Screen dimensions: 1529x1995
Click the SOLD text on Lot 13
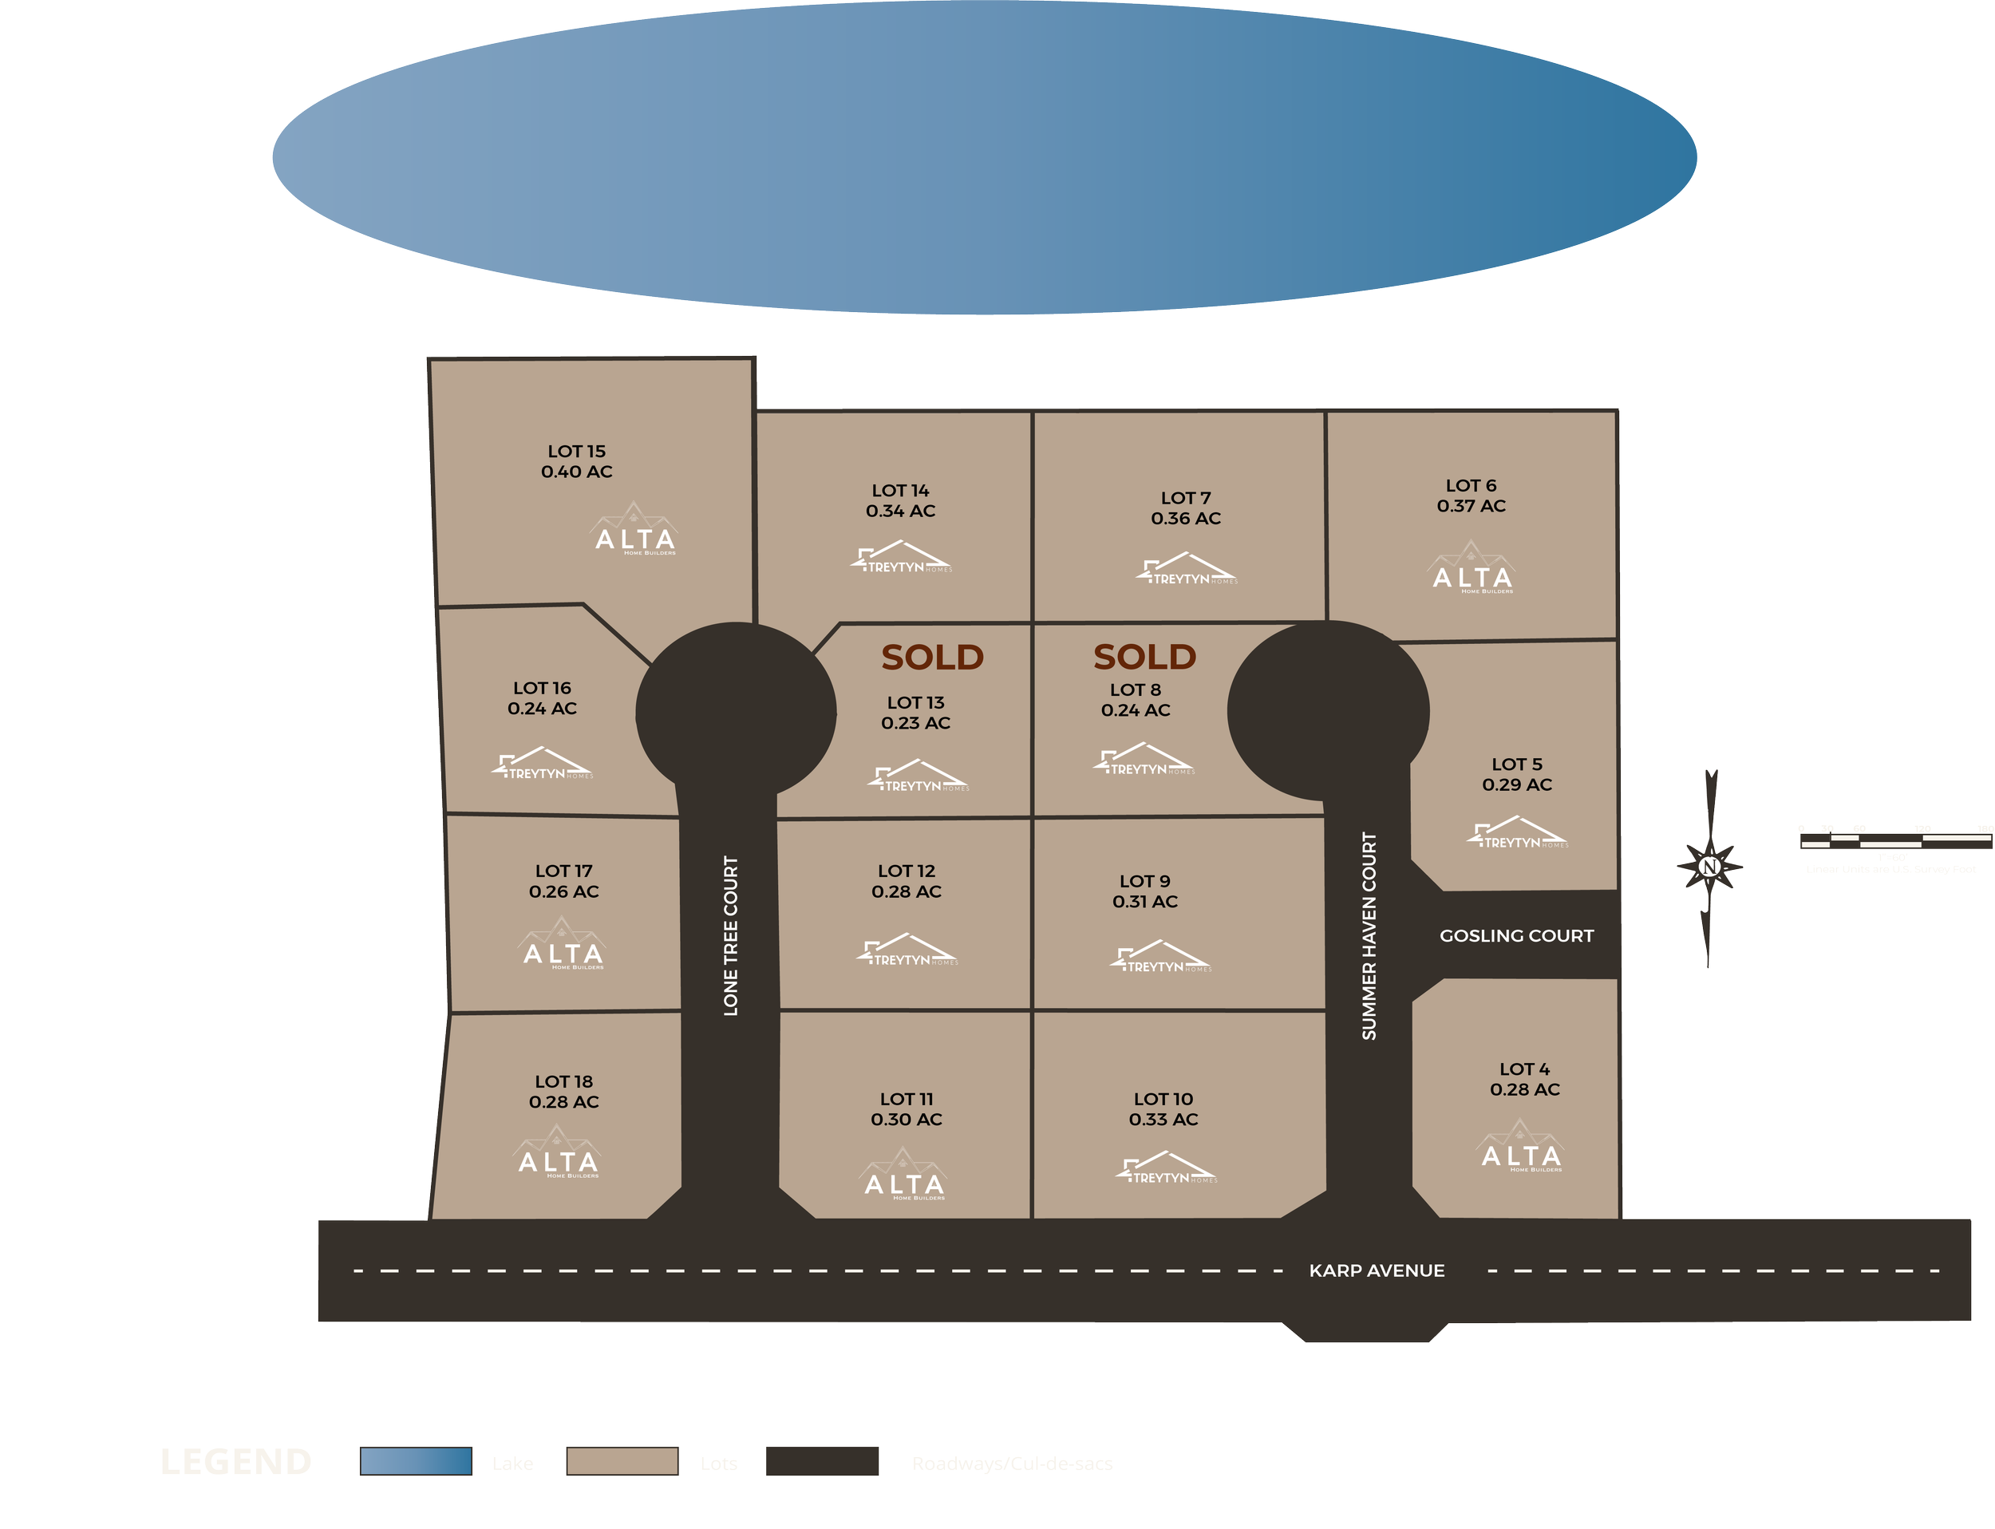tap(932, 657)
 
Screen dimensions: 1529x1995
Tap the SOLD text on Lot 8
tap(1144, 656)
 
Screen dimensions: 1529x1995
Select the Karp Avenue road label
tap(1376, 1270)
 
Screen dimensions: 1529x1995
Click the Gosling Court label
tap(1516, 935)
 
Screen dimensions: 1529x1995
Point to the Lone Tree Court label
tap(730, 935)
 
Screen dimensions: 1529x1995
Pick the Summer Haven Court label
tap(1369, 935)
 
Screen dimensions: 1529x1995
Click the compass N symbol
tap(1709, 867)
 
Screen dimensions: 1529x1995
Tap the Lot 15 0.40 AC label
tap(576, 461)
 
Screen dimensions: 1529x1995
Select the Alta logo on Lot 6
tap(1472, 570)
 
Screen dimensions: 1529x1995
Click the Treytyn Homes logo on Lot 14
tap(901, 558)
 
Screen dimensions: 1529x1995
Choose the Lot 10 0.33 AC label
tap(1163, 1109)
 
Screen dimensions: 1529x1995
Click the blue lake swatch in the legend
tap(416, 1462)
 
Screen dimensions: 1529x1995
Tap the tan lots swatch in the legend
tap(622, 1462)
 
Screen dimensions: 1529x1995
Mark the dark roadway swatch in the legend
tap(822, 1462)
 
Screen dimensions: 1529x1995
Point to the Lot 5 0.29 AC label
tap(1516, 775)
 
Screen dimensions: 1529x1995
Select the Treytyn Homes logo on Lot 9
tap(1160, 958)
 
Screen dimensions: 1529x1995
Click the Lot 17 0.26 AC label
tap(563, 881)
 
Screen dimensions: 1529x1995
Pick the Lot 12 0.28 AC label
tap(907, 881)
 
